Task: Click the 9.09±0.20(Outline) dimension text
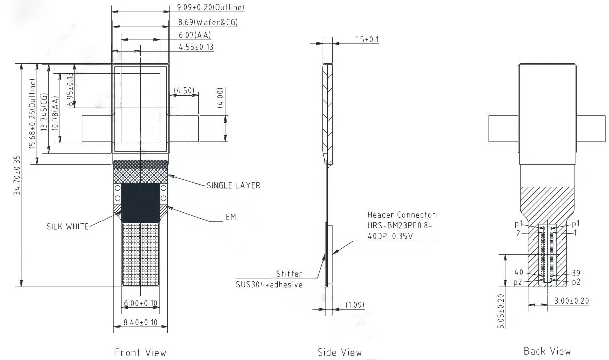tap(211, 7)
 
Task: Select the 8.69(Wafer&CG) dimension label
tap(208, 22)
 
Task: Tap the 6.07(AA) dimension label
tap(194, 35)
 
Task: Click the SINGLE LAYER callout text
tap(233, 185)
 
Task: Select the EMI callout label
tap(232, 217)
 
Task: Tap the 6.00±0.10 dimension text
tap(140, 303)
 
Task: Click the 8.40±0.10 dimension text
tap(140, 322)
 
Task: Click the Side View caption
tap(339, 352)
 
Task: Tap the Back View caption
tap(547, 351)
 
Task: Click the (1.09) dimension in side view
tap(356, 305)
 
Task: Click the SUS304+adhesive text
tap(268, 284)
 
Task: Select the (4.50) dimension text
tap(184, 90)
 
